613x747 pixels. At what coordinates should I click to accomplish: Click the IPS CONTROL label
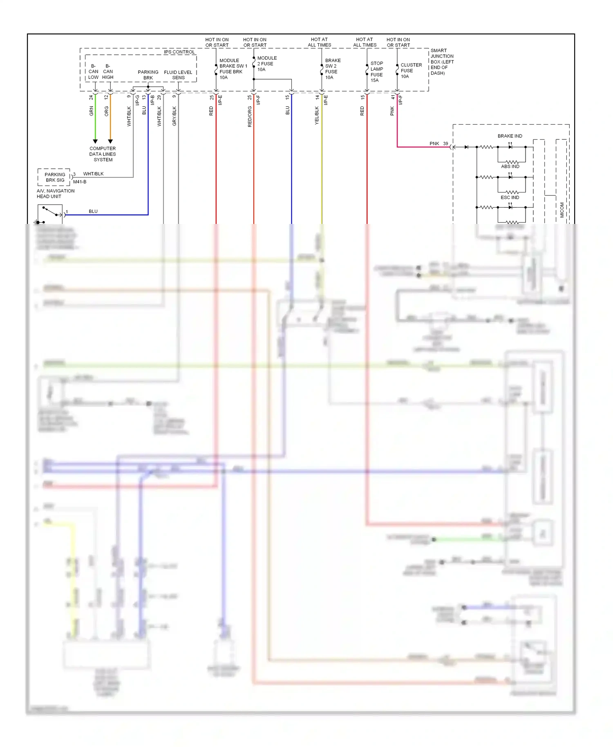coord(179,52)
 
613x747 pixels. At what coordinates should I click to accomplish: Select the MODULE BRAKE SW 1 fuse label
coord(233,69)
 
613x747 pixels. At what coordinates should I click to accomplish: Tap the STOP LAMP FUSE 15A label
coord(376,72)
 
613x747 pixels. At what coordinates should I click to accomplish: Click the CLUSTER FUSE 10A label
coord(411,71)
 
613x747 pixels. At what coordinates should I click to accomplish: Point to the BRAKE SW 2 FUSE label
coord(332,69)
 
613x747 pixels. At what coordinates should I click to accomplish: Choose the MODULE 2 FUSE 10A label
coord(266,64)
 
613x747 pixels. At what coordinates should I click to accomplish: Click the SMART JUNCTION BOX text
coord(442,62)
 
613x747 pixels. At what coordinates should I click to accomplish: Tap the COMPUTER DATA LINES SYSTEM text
coord(103,154)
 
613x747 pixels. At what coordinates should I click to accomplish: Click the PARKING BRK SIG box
coord(55,177)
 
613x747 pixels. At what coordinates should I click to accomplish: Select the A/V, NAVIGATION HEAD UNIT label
coord(56,194)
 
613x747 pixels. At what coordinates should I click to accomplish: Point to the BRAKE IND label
coord(510,136)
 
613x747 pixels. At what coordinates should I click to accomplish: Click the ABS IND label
coord(510,166)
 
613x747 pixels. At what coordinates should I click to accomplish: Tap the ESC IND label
coord(510,197)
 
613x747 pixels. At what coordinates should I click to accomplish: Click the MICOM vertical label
coord(562,210)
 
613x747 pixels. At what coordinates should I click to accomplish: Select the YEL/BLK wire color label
coord(317,116)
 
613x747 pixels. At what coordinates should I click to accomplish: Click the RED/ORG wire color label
coord(250,116)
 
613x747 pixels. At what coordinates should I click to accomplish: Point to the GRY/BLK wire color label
coord(175,116)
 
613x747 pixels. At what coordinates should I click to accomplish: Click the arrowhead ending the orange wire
coord(110,141)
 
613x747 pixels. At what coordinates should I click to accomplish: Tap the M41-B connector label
coord(80,182)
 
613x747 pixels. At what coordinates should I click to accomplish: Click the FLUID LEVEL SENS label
coord(178,75)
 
